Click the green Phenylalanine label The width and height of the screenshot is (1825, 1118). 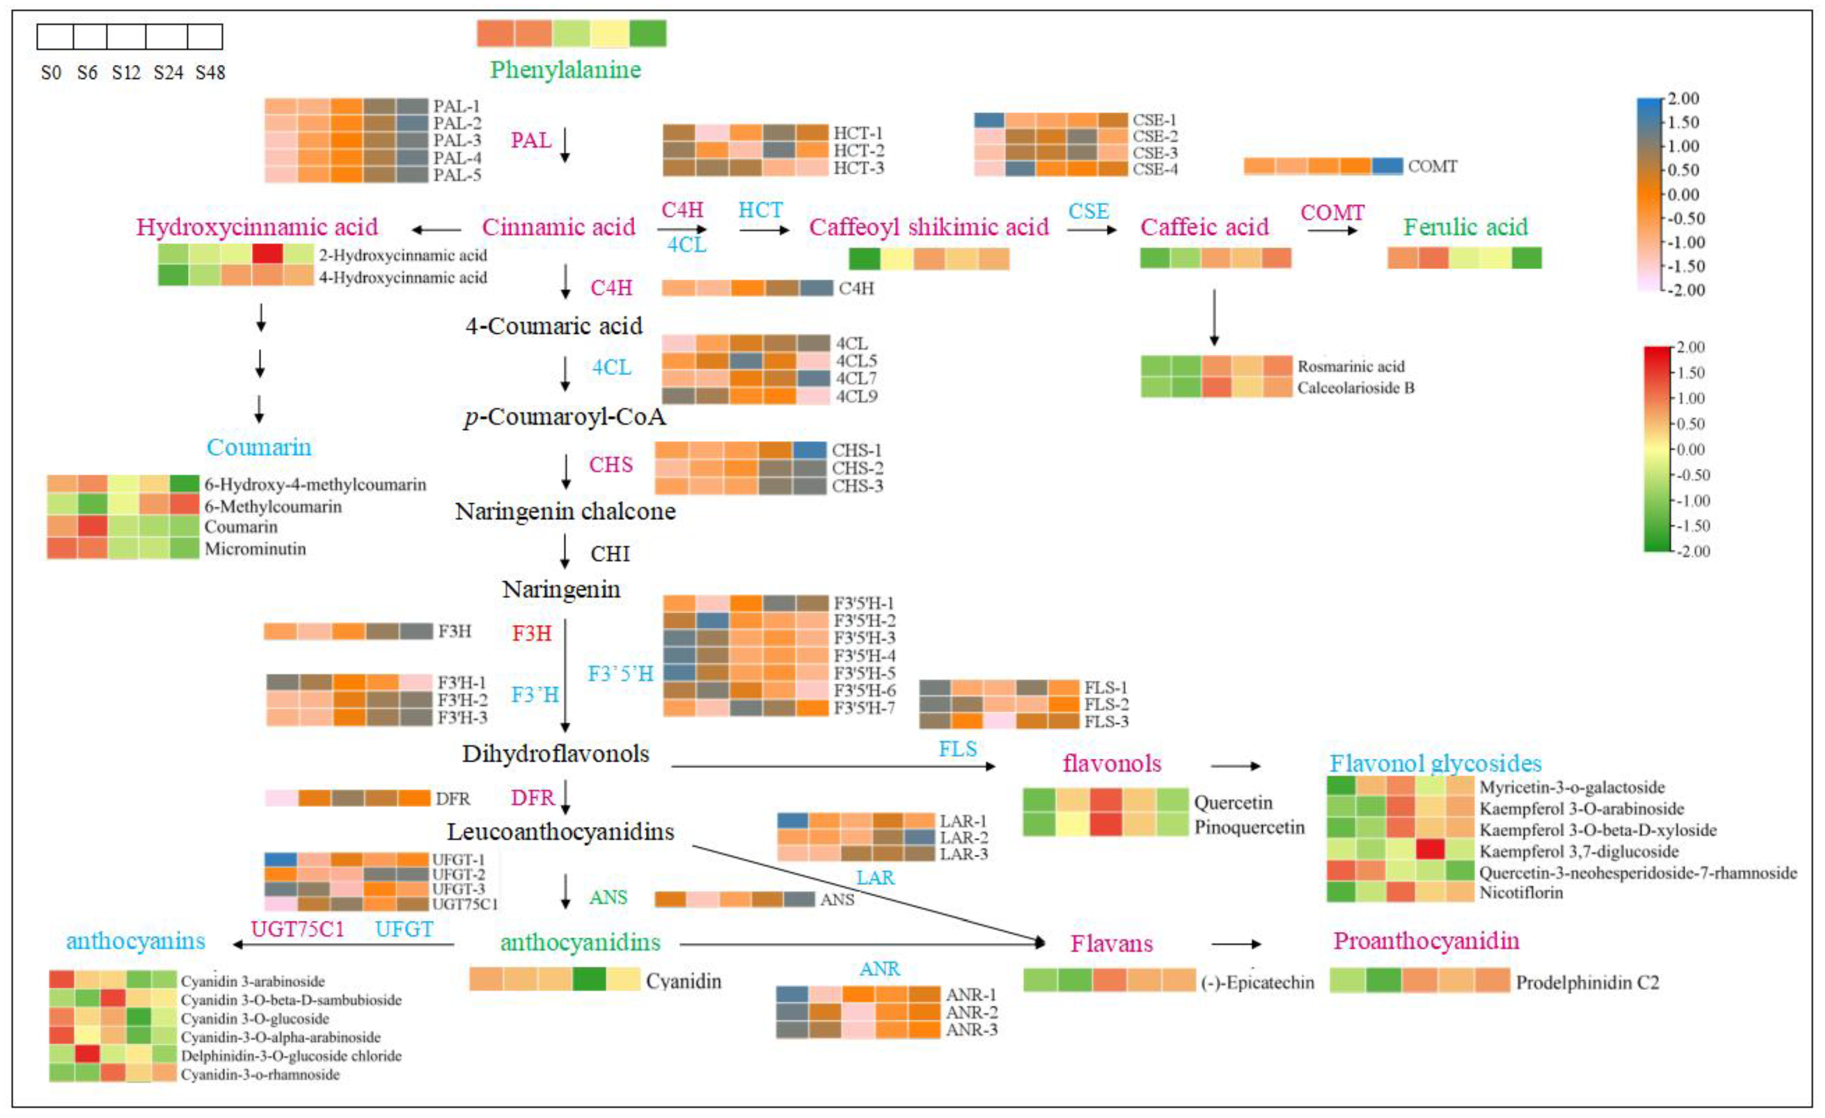pos(565,70)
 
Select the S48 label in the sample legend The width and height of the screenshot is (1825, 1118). pos(210,72)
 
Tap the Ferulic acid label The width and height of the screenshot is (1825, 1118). pos(1465,227)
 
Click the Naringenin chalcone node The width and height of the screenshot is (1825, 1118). pos(565,511)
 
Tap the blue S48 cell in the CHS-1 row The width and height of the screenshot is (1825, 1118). pos(810,450)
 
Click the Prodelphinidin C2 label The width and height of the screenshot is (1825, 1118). pos(1587,982)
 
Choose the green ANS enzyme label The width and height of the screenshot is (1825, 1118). pos(608,897)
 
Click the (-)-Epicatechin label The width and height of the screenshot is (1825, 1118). pos(1257,982)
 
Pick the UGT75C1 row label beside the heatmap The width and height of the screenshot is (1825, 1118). pos(465,904)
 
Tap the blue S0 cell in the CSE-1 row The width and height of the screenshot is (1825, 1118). pos(989,120)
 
